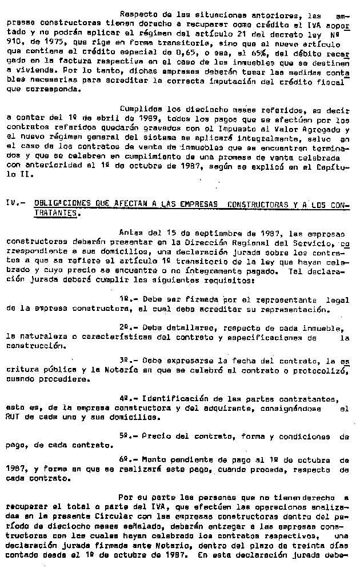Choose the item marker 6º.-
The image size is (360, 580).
tap(128, 458)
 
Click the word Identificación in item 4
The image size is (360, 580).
tap(171, 398)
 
